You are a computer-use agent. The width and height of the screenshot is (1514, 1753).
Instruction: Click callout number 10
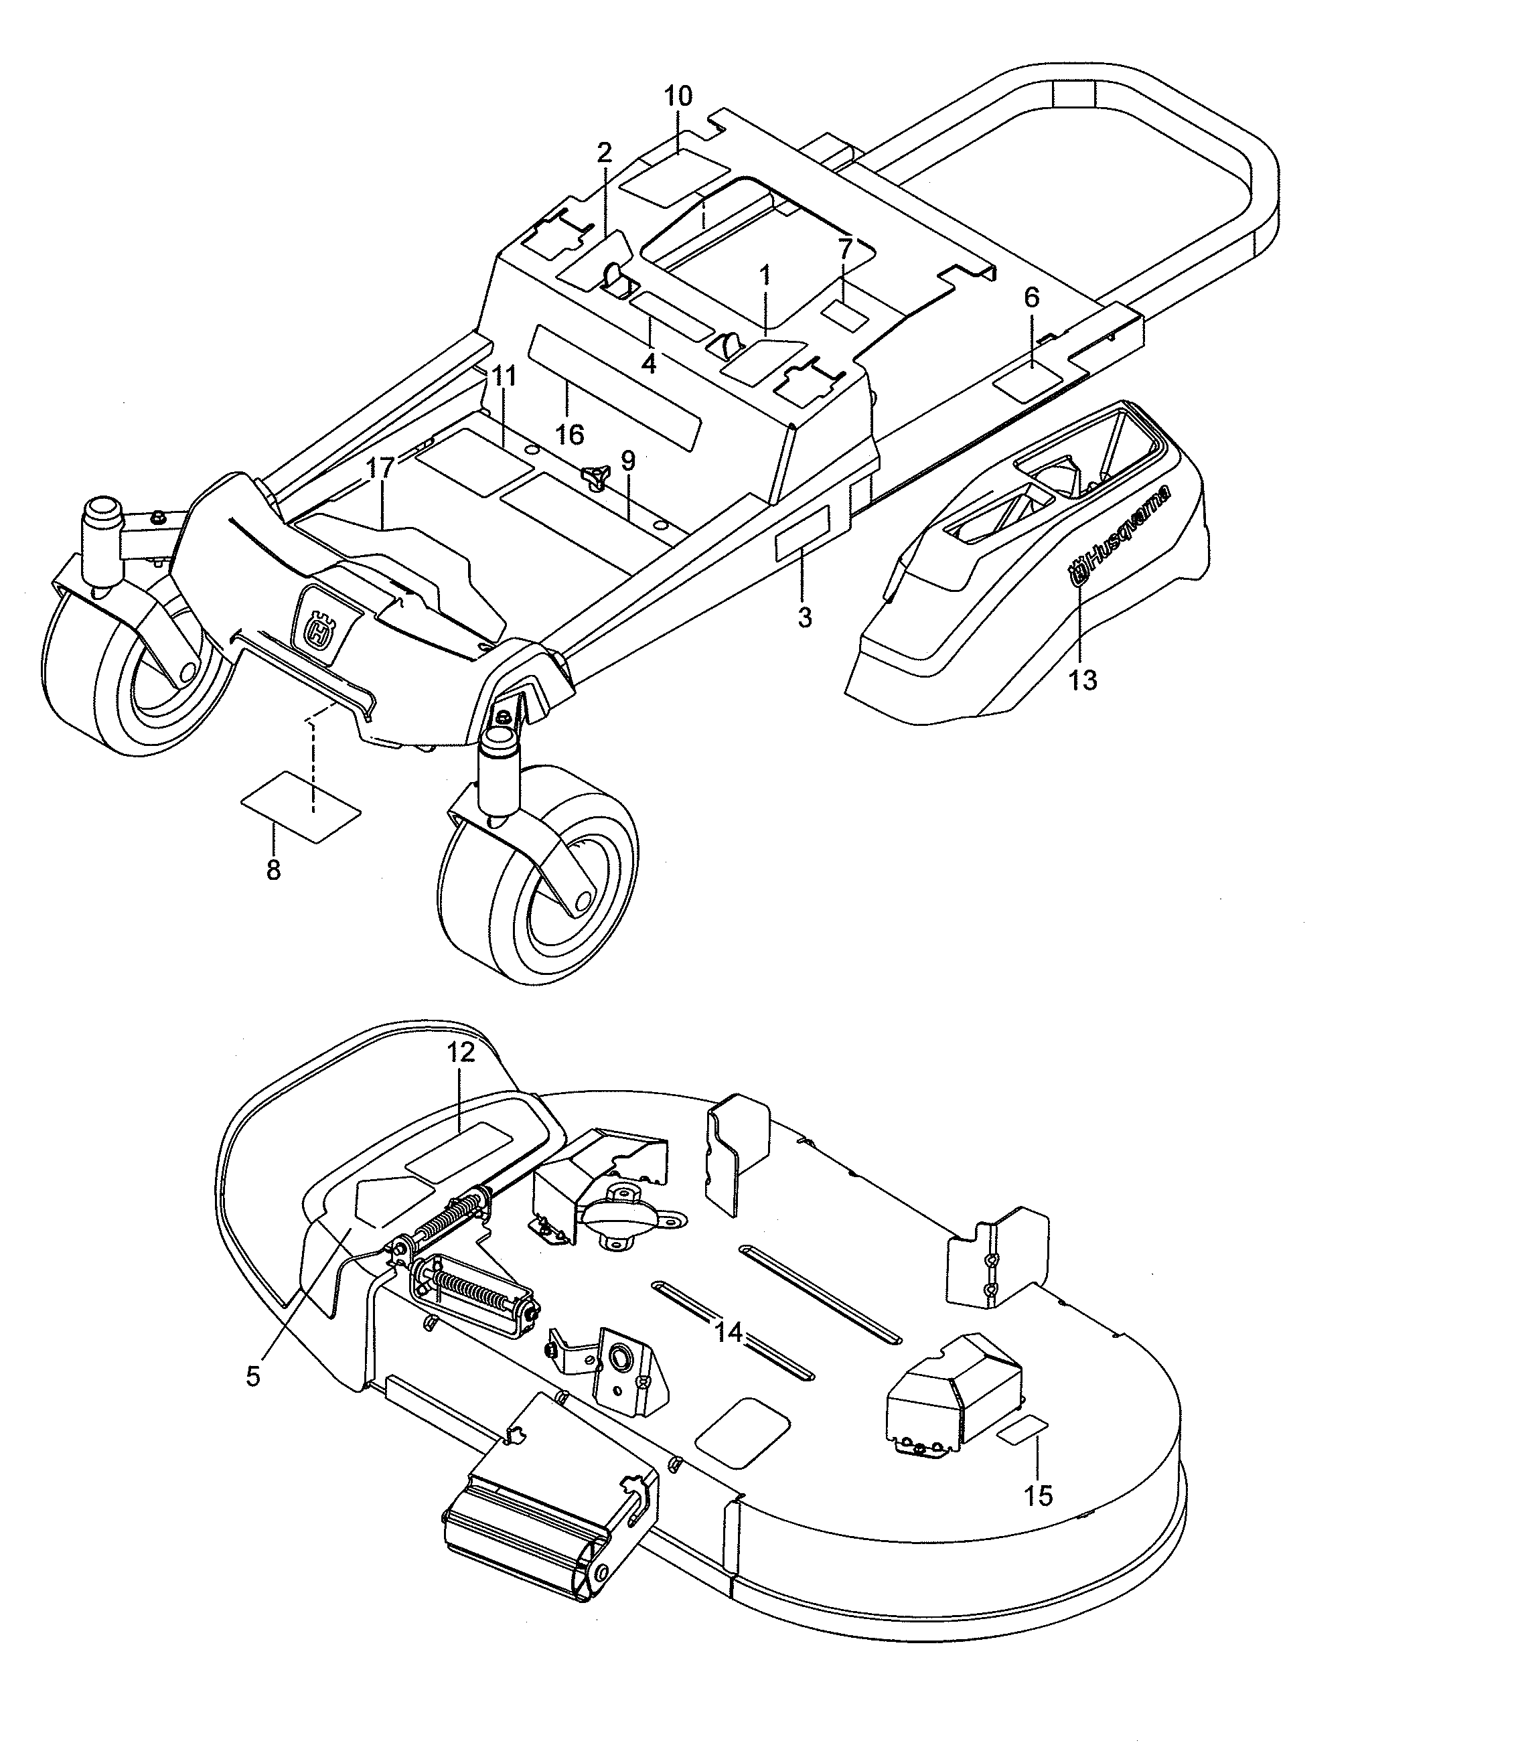tap(678, 96)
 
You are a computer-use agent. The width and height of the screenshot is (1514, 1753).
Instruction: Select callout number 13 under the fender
tap(1082, 680)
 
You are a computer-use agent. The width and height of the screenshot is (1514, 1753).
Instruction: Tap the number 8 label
tap(273, 870)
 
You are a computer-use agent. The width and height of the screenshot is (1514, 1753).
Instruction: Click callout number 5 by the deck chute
tap(253, 1377)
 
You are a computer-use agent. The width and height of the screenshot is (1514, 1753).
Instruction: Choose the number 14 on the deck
tap(728, 1333)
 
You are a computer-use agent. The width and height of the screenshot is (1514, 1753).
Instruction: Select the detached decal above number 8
tap(301, 806)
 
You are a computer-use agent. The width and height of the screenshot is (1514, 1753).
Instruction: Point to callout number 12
tap(461, 1053)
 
